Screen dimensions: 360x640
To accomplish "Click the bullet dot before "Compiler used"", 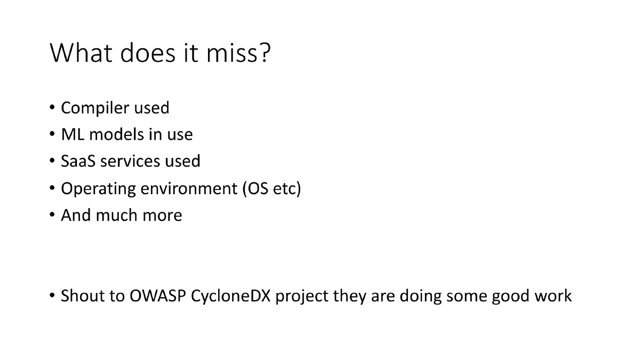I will [53, 108].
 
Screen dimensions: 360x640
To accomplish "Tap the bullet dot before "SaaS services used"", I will [53, 161].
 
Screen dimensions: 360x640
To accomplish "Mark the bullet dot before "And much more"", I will [53, 215].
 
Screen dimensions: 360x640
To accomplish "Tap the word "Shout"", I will [80, 295].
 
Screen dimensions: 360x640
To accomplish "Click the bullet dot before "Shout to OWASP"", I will [53, 295].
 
